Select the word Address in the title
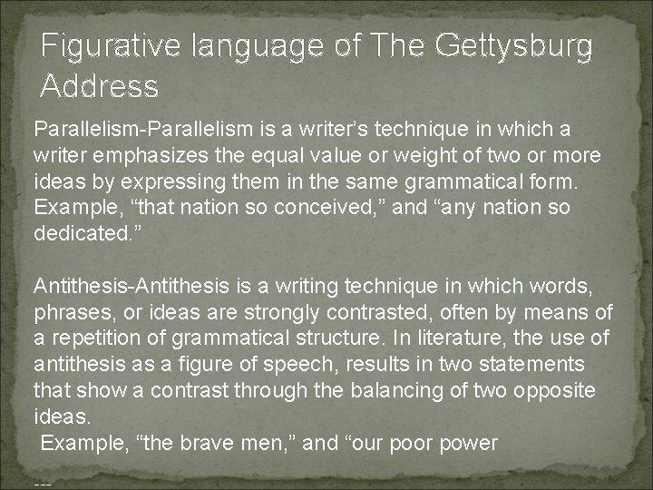pyautogui.click(x=100, y=86)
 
